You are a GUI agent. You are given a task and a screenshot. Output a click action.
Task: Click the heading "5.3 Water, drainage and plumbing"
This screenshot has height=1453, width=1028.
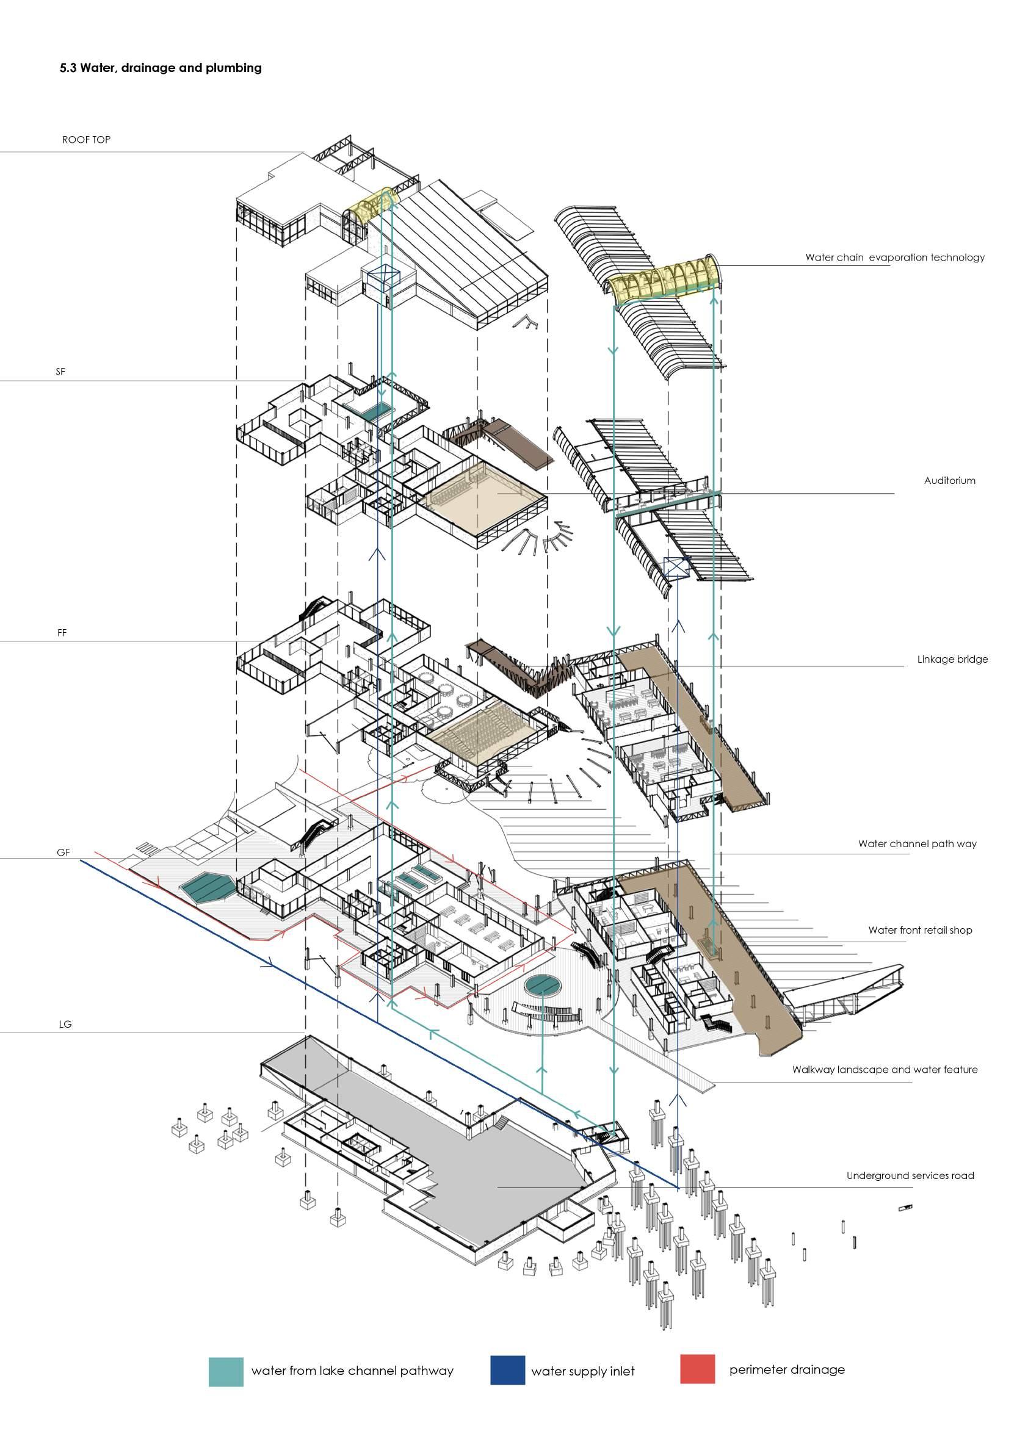click(x=161, y=68)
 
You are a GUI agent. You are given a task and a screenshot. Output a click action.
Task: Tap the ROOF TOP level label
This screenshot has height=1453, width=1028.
click(x=86, y=140)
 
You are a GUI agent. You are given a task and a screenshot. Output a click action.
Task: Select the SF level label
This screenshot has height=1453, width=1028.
click(x=61, y=372)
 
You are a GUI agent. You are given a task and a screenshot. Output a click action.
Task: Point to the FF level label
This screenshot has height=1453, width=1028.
click(x=62, y=632)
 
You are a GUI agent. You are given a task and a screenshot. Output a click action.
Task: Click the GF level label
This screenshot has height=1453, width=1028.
click(x=63, y=853)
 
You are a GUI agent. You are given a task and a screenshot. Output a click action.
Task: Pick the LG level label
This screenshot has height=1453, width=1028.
click(x=65, y=1024)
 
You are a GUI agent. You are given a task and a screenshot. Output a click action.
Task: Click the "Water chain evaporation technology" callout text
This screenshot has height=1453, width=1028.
click(x=894, y=258)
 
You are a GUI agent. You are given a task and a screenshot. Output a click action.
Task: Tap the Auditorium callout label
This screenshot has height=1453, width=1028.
click(x=949, y=481)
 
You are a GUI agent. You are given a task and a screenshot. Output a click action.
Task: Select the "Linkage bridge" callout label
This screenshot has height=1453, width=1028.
click(x=952, y=660)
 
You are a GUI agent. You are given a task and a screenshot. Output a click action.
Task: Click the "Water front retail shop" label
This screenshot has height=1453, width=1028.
click(x=920, y=930)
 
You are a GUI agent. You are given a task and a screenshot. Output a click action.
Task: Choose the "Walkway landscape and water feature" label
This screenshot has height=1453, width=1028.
click(x=885, y=1070)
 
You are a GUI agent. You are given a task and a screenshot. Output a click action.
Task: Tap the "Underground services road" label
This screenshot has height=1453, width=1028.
click(x=910, y=1176)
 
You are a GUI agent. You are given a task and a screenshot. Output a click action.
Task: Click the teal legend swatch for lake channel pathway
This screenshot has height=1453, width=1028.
click(x=226, y=1371)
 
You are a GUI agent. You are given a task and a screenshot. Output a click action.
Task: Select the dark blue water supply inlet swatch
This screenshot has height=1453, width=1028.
click(x=507, y=1370)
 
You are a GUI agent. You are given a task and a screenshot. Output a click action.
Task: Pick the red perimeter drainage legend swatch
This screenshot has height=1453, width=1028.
click(x=698, y=1369)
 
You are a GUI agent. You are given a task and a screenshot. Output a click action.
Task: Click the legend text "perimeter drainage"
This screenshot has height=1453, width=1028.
click(x=787, y=1370)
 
